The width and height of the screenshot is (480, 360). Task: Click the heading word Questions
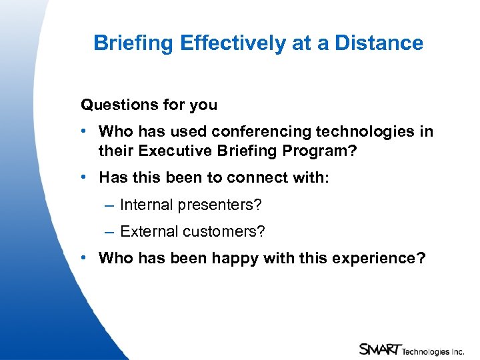(x=113, y=105)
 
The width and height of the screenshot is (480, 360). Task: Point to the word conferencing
(x=265, y=132)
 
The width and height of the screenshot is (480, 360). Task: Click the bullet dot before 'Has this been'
(x=85, y=177)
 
